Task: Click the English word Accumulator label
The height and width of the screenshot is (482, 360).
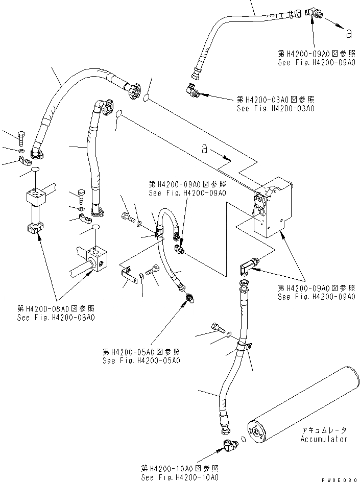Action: pos(323,439)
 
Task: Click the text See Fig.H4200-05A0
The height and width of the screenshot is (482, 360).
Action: pos(141,360)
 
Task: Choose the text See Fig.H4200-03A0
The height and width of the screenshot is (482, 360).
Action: pos(275,108)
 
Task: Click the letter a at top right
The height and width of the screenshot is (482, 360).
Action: pos(348,34)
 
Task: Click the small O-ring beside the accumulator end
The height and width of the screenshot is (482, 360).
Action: pos(243,439)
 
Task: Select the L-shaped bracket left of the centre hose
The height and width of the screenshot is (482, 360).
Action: pos(126,273)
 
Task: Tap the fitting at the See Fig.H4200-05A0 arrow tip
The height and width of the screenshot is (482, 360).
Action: pos(188,296)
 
